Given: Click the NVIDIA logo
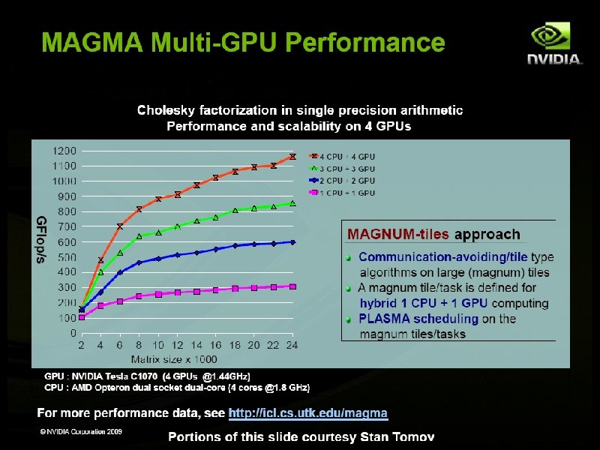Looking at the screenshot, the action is pos(554,43).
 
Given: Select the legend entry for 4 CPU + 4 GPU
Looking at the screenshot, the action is pos(342,157).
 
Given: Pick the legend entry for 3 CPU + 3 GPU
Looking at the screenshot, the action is pos(342,169).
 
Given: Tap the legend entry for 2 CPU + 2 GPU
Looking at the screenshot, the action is pos(342,181).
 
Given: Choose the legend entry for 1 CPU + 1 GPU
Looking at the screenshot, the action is pos(342,193).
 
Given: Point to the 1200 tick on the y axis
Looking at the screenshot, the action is pos(64,151).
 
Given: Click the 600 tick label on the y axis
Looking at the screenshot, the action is pos(67,241).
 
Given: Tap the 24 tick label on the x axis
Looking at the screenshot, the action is pos(292,345).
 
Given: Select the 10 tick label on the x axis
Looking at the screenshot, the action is pos(158,345).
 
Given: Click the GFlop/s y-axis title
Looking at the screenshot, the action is pos(41,239).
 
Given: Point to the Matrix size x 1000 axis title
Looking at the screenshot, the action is pos(174,359).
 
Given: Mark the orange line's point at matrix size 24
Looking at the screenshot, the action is pos(292,157).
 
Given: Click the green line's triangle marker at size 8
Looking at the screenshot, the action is pos(139,236).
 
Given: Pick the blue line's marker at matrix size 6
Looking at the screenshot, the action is pos(120,272).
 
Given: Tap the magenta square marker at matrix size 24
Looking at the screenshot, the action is pos(292,286).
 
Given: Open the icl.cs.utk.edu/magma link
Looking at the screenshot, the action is pos(308,413).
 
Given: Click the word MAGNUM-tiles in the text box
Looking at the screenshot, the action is pos(397,234).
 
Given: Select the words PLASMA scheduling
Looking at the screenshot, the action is pos(418,319).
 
